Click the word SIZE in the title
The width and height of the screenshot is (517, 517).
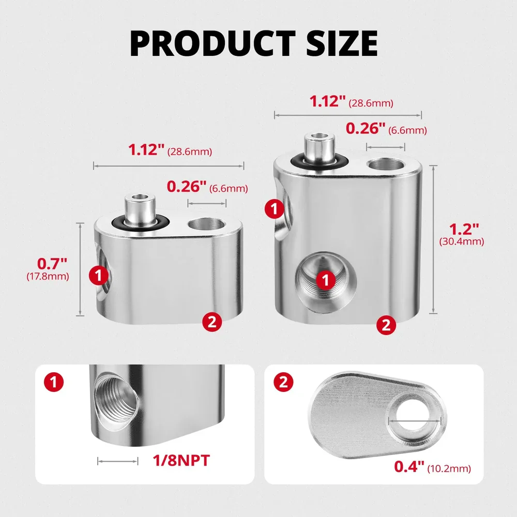tap(342, 43)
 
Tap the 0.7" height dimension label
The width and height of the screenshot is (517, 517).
tap(52, 264)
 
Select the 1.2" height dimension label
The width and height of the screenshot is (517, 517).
tap(464, 229)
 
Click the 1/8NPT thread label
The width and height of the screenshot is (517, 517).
tap(181, 460)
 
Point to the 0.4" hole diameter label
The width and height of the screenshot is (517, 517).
tap(409, 466)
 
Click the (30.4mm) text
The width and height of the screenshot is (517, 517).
tap(462, 241)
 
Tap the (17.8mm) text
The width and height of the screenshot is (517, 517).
tap(48, 276)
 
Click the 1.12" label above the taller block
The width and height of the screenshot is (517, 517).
tap(327, 101)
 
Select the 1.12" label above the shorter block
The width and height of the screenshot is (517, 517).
tap(146, 149)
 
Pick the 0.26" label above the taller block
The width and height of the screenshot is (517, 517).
tap(366, 128)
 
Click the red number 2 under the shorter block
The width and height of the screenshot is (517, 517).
tap(212, 322)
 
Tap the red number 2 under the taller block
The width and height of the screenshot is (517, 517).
tap(386, 325)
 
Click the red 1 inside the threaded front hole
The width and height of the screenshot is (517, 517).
tap(325, 280)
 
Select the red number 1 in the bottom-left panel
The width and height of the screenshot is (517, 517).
tap(54, 383)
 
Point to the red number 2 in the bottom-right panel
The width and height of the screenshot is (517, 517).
tap(283, 383)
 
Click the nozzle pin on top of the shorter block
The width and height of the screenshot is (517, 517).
tap(140, 210)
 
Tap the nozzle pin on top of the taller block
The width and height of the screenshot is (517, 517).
tap(319, 148)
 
